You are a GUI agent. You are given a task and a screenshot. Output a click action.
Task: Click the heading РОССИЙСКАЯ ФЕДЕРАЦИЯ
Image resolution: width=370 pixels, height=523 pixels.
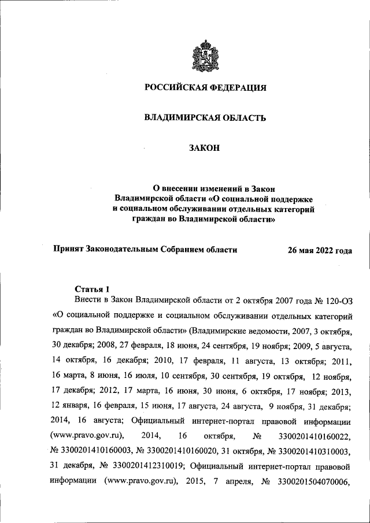point(205,88)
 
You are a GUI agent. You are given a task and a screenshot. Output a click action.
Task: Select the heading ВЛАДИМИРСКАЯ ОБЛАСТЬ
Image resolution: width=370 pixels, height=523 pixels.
point(205,119)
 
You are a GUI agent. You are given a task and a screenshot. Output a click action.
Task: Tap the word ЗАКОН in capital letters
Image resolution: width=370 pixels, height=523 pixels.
point(205,149)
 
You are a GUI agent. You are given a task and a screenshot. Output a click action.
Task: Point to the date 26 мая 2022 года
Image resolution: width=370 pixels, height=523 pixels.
point(320,250)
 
